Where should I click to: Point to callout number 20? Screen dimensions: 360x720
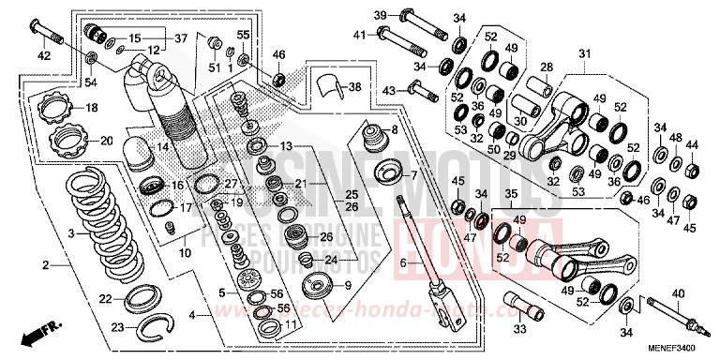(106, 142)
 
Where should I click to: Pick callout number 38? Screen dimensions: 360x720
(353, 87)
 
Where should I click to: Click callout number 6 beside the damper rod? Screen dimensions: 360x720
(404, 264)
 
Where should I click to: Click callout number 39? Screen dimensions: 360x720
(381, 15)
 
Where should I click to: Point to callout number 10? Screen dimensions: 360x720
(185, 253)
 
